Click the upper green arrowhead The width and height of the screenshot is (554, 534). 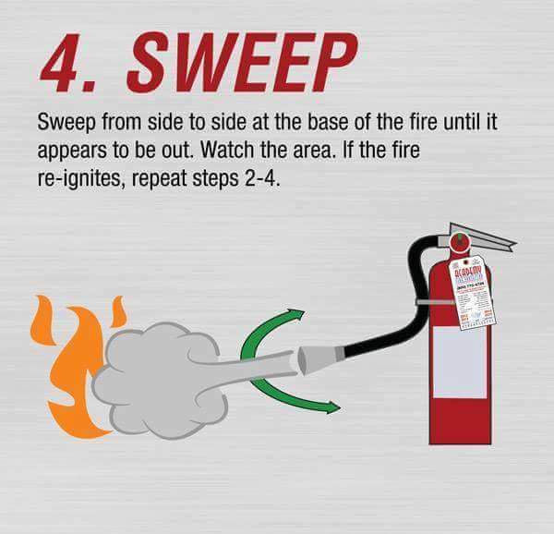296,317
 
